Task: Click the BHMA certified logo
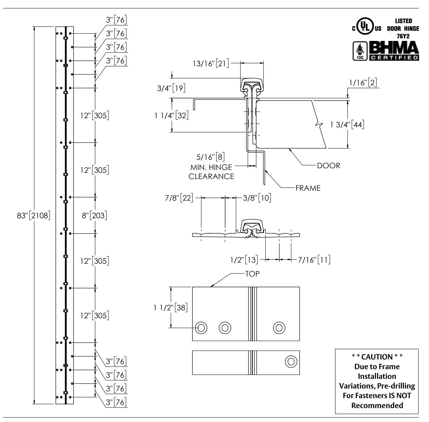tap(393, 51)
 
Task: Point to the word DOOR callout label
tap(328, 166)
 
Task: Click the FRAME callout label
tap(308, 188)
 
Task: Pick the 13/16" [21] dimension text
tap(210, 63)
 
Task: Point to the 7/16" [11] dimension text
tap(314, 259)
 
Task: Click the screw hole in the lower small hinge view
tap(291, 361)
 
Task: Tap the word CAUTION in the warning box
tap(377, 356)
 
